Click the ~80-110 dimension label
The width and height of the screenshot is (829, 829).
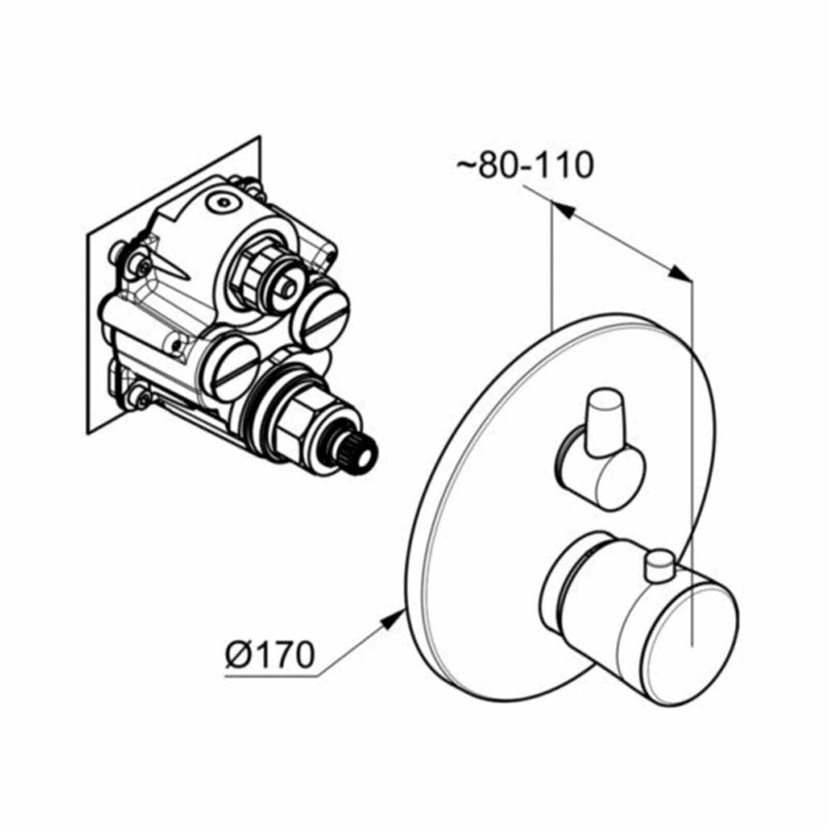click(525, 165)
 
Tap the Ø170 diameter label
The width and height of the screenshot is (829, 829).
click(269, 655)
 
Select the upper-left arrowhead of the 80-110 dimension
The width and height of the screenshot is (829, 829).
click(564, 210)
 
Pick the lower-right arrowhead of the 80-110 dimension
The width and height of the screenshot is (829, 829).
click(680, 274)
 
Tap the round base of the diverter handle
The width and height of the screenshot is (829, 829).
click(600, 470)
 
